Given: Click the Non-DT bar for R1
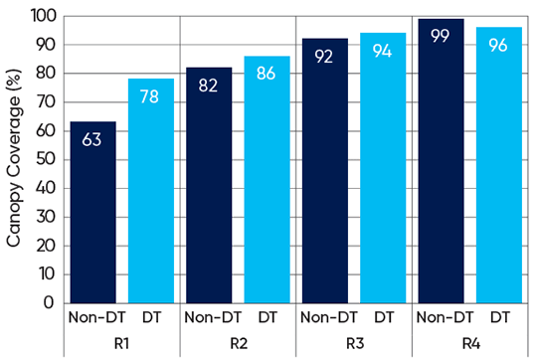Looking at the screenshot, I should (x=91, y=213).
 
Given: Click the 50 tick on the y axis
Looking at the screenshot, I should (x=45, y=160).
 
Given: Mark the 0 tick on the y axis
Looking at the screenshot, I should (x=50, y=303).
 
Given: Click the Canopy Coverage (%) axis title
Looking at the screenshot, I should (x=14, y=159).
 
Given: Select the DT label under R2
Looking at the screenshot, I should (x=267, y=319).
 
